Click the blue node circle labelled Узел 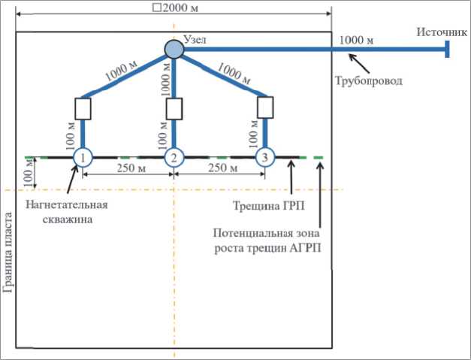(174, 50)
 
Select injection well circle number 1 (83, 158)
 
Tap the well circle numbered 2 (174, 158)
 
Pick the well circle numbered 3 (265, 158)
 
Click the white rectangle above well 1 (83, 109)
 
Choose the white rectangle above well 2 (174, 109)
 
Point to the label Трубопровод (368, 79)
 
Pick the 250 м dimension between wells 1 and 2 (128, 167)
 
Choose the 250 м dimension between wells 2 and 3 (219, 167)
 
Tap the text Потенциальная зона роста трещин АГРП (267, 241)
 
